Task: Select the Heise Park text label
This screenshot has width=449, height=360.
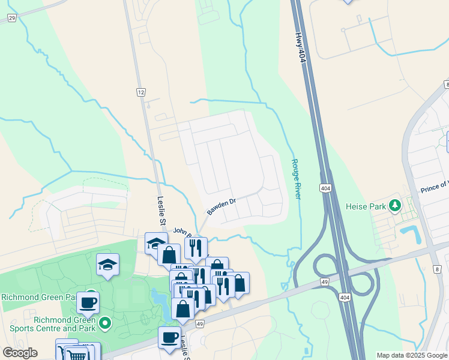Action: [x=366, y=206]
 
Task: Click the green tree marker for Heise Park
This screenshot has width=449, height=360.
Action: [x=394, y=206]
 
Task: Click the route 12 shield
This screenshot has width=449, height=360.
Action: [x=141, y=92]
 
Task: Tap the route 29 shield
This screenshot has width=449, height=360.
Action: [x=12, y=19]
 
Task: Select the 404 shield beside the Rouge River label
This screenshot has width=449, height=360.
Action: [x=325, y=188]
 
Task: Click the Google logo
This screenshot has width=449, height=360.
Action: [x=20, y=353]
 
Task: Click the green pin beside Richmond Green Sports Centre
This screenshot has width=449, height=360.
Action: [x=105, y=323]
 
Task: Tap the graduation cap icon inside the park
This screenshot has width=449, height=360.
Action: [x=108, y=264]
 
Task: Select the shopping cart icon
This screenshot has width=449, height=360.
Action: [x=77, y=355]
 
